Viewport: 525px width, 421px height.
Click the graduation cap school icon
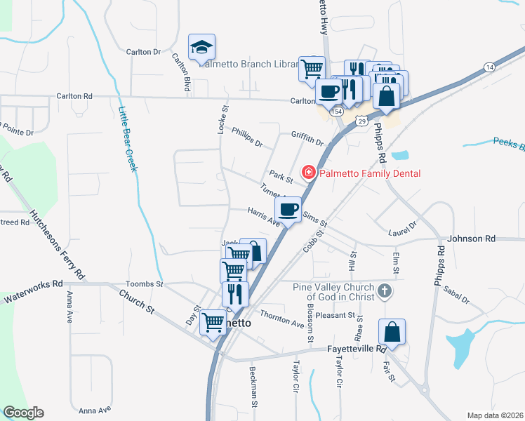click(201, 48)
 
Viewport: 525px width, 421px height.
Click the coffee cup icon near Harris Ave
click(288, 209)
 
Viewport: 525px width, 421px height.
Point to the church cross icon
click(384, 290)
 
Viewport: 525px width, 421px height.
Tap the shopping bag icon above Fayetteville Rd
click(392, 332)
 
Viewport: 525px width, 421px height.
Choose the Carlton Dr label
click(144, 52)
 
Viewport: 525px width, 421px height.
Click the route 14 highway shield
click(489, 66)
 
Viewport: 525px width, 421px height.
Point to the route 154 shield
click(337, 112)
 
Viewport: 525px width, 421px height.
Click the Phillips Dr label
click(247, 138)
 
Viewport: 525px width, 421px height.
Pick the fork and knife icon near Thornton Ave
click(235, 293)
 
